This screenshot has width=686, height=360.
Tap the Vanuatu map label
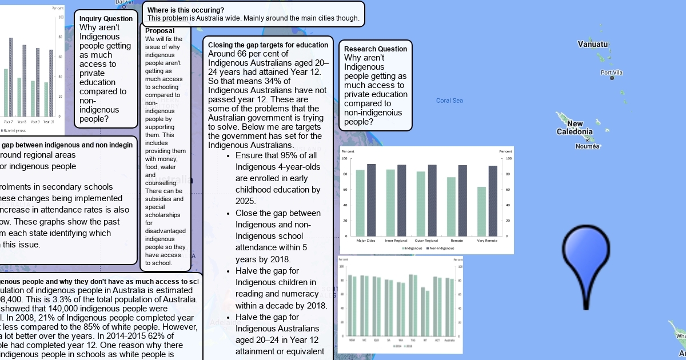tap(593, 44)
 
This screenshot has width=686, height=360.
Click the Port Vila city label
tap(611, 73)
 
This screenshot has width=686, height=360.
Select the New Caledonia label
tap(575, 128)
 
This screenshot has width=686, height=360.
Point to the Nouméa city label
tap(588, 146)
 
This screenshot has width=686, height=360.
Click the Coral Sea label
tap(449, 101)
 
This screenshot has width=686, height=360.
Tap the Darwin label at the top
tap(124, 2)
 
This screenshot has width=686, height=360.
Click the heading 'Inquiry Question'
tap(106, 19)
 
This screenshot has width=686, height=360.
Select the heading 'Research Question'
tap(376, 49)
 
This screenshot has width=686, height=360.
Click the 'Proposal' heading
tap(159, 31)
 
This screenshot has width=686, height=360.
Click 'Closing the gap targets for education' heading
tap(268, 45)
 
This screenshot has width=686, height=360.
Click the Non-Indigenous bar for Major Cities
tap(372, 199)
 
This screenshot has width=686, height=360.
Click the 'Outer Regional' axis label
tap(427, 241)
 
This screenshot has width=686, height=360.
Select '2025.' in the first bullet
tap(246, 201)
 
